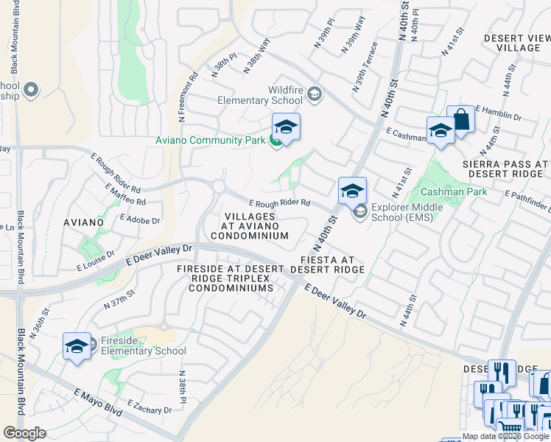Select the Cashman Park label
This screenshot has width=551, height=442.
[454, 192]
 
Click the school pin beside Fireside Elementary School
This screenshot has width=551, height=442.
[77, 346]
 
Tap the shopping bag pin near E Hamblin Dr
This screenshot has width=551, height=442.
[460, 120]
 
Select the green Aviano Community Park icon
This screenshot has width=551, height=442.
[275, 140]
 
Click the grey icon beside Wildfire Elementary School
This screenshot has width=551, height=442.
[315, 94]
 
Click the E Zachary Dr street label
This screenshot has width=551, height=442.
[150, 407]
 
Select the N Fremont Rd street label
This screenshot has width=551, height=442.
[186, 97]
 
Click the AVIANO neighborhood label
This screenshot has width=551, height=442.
[83, 222]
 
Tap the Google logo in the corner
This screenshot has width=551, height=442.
[24, 433]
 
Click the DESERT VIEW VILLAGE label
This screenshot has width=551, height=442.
[517, 43]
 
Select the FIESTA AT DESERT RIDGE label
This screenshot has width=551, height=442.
[327, 265]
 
